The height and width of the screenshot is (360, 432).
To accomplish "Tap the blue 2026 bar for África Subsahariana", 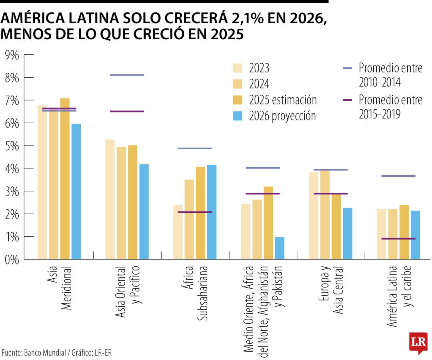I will [212, 212].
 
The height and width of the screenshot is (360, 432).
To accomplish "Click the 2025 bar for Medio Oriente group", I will [268, 222].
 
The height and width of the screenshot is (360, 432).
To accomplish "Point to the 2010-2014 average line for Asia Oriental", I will [127, 75].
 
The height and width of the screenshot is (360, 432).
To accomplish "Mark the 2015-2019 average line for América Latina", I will [398, 239].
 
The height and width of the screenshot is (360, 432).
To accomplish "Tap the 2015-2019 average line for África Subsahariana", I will [195, 212].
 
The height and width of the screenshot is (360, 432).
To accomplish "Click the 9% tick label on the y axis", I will [12, 55].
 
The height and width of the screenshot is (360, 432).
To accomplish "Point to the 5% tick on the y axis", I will [12, 146].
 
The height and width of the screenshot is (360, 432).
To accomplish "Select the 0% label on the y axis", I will [12, 259].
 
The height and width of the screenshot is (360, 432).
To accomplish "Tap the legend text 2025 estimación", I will [283, 100].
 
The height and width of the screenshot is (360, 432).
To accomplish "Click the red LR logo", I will [418, 342].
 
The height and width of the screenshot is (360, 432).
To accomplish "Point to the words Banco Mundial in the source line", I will [45, 353].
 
